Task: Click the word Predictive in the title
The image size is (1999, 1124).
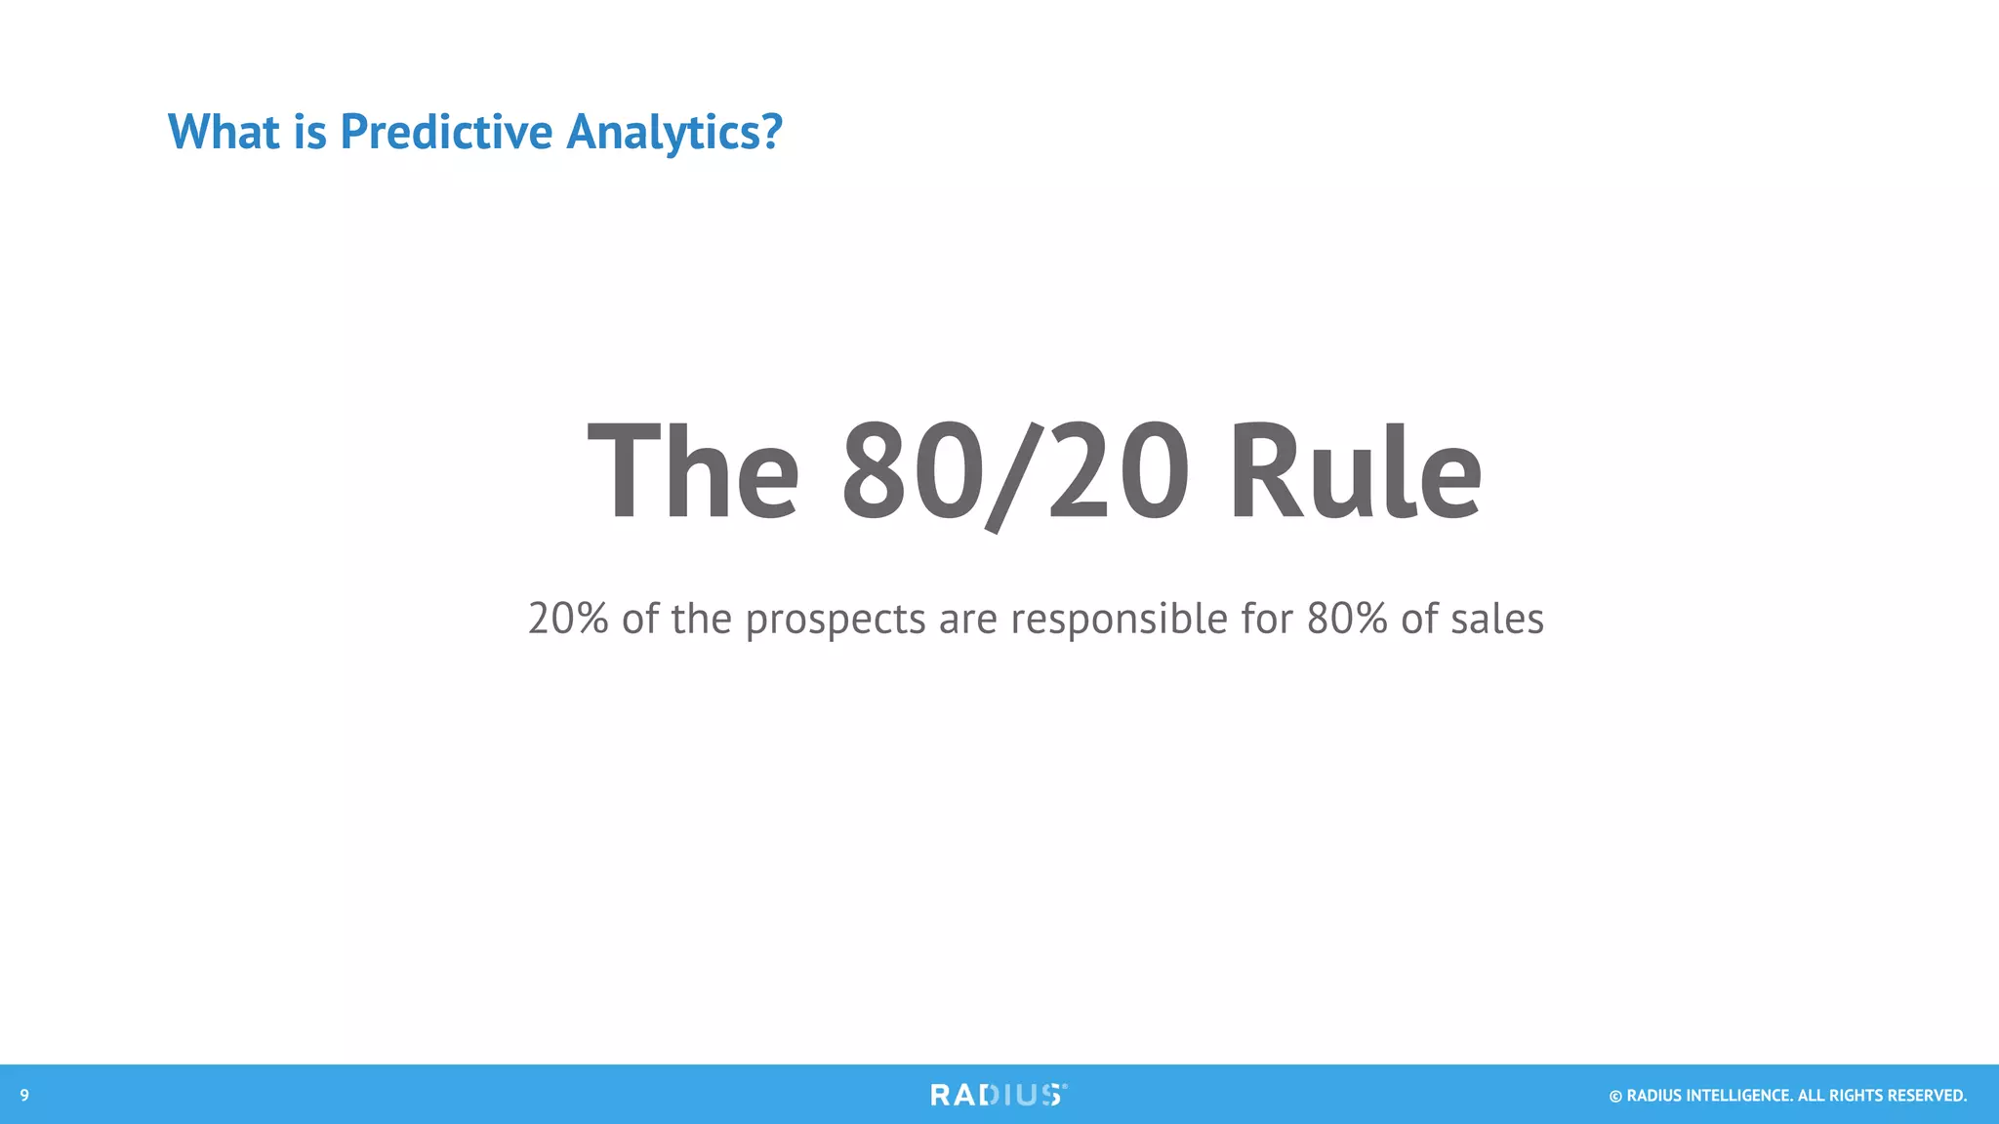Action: click(445, 132)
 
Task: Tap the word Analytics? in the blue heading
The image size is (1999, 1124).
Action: click(673, 132)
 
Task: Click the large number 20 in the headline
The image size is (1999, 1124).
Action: click(1119, 473)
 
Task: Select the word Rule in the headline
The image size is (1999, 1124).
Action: click(1355, 473)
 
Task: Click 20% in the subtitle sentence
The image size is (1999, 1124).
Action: click(568, 619)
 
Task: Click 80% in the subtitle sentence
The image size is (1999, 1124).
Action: click(1347, 619)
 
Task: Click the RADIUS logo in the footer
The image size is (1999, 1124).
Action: click(999, 1095)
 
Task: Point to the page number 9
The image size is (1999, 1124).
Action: click(24, 1096)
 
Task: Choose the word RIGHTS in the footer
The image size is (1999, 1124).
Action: click(1853, 1096)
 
